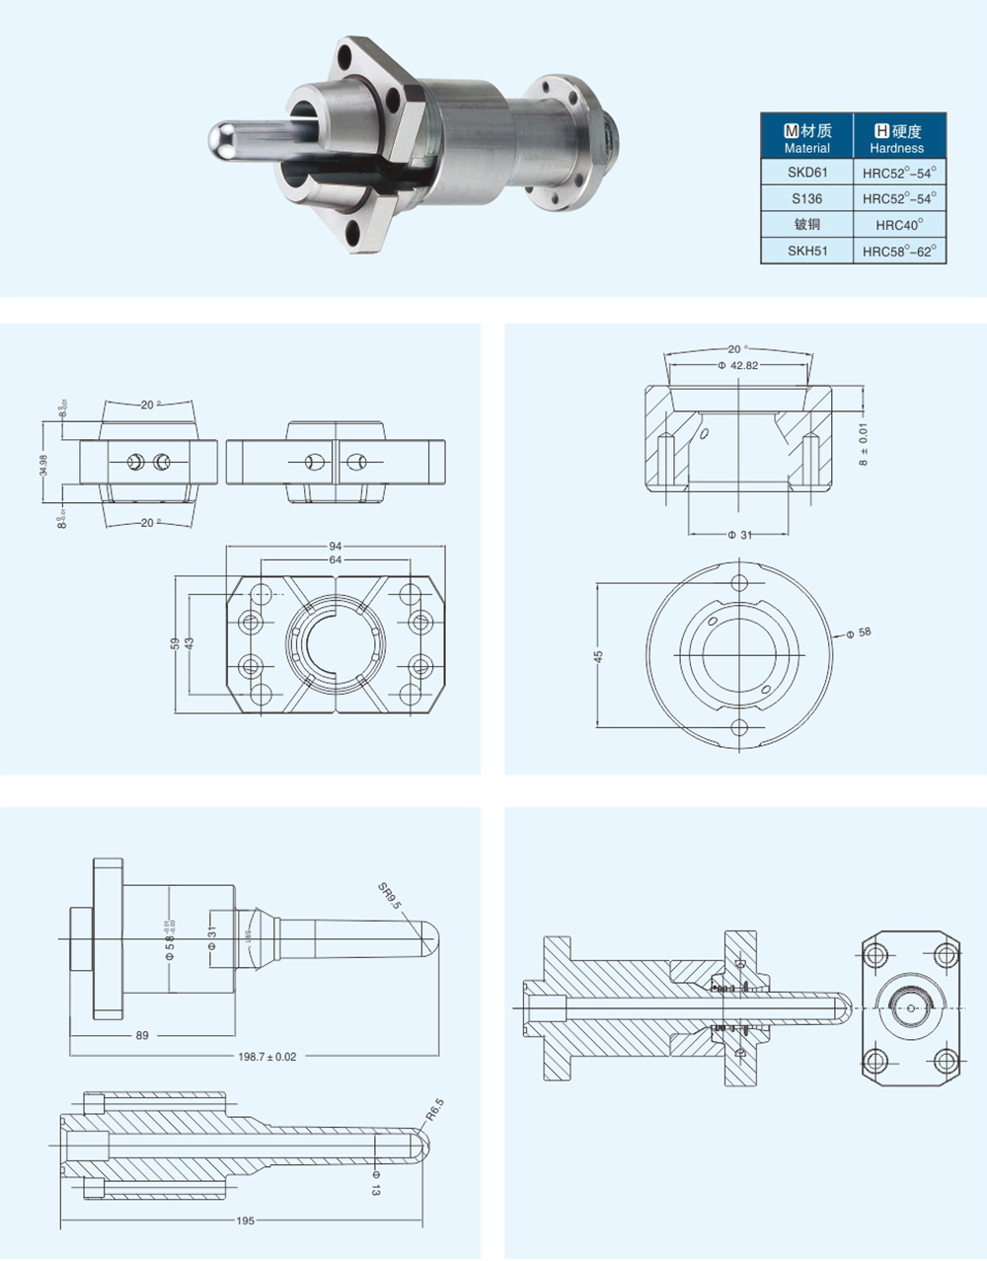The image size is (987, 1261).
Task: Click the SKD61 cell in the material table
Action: coord(806,172)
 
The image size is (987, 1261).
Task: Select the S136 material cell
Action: coord(806,198)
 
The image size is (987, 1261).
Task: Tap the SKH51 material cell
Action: coord(806,251)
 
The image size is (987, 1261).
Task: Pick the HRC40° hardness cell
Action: coord(899,225)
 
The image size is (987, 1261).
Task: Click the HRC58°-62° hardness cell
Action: coord(899,251)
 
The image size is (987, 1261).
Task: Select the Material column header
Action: coord(806,138)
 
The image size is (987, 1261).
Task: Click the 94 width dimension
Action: coord(336,546)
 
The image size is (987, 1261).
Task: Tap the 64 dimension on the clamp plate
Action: coord(336,559)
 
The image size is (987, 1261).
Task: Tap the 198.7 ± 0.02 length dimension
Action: coord(267,1057)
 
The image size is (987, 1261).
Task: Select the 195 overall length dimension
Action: coord(246,1221)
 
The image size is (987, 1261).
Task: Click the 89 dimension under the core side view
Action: coord(142,1036)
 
